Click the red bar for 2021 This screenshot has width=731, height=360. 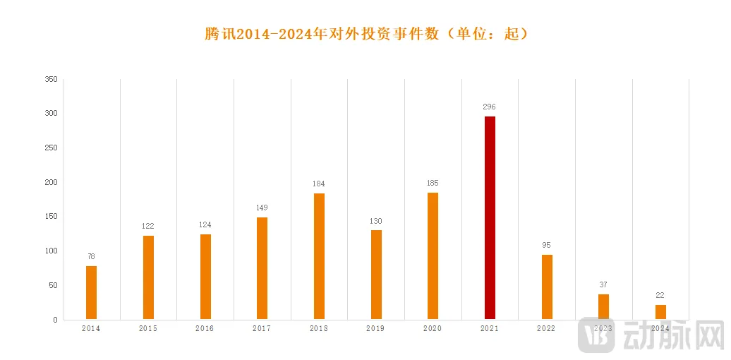pyautogui.click(x=490, y=217)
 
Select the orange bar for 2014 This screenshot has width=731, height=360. pyautogui.click(x=91, y=292)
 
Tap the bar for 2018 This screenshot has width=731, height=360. pyautogui.click(x=319, y=256)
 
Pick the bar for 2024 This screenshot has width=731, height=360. pyautogui.click(x=660, y=311)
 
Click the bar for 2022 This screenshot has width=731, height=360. pyautogui.click(x=547, y=287)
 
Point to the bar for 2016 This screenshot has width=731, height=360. pyautogui.click(x=205, y=277)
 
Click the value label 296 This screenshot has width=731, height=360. pyautogui.click(x=489, y=107)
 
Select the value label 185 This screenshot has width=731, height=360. pyautogui.click(x=433, y=184)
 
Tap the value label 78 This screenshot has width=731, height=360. pyautogui.click(x=91, y=256)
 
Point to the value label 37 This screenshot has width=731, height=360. pyautogui.click(x=603, y=284)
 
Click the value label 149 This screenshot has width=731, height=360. pyautogui.click(x=262, y=208)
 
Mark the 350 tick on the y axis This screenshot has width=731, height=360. pyautogui.click(x=51, y=79)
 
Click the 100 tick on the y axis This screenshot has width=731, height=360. pyautogui.click(x=51, y=251)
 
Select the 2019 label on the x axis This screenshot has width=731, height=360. pyautogui.click(x=375, y=329)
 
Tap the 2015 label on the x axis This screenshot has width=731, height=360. pyautogui.click(x=148, y=329)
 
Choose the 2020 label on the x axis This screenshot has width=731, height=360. pyautogui.click(x=433, y=329)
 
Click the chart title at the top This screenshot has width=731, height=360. pyautogui.click(x=366, y=34)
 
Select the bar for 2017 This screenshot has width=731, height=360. pyautogui.click(x=262, y=268)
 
